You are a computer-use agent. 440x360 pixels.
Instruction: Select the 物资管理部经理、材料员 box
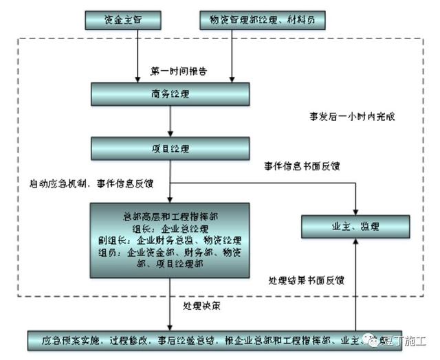(262, 21)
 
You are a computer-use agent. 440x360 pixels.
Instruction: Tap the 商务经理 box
(169, 95)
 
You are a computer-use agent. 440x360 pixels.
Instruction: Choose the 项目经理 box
(169, 148)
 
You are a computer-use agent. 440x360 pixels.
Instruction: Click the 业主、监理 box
(355, 226)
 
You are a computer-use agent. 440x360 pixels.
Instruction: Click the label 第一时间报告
(179, 71)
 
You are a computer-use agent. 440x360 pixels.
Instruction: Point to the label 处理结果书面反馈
(306, 280)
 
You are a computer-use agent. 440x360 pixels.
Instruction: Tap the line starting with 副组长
(169, 240)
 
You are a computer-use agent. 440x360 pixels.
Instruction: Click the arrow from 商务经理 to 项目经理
(170, 122)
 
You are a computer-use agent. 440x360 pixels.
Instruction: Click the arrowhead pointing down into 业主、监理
(355, 210)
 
